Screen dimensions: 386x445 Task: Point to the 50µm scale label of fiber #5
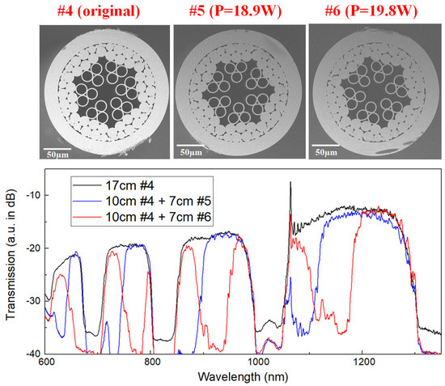(193, 152)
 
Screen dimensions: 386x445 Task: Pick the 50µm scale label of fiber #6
(327, 152)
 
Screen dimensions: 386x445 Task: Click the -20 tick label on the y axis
(33, 248)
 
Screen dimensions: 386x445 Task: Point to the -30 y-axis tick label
(33, 301)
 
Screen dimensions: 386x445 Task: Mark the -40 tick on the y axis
(33, 354)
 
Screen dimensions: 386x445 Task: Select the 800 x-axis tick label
(152, 363)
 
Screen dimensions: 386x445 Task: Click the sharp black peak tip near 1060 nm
(290, 184)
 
